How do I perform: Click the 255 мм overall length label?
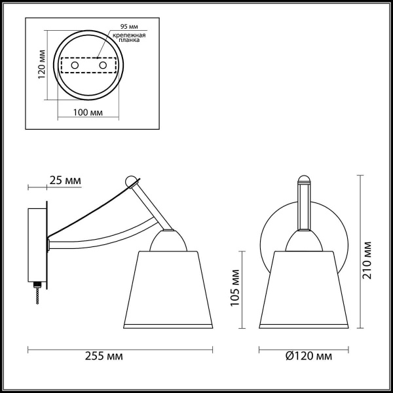click(105, 357)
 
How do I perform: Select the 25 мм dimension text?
click(65, 180)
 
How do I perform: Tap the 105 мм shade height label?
click(233, 291)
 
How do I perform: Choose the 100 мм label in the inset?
click(88, 113)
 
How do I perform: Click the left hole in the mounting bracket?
click(74, 67)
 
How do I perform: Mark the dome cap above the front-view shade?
click(303, 241)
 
